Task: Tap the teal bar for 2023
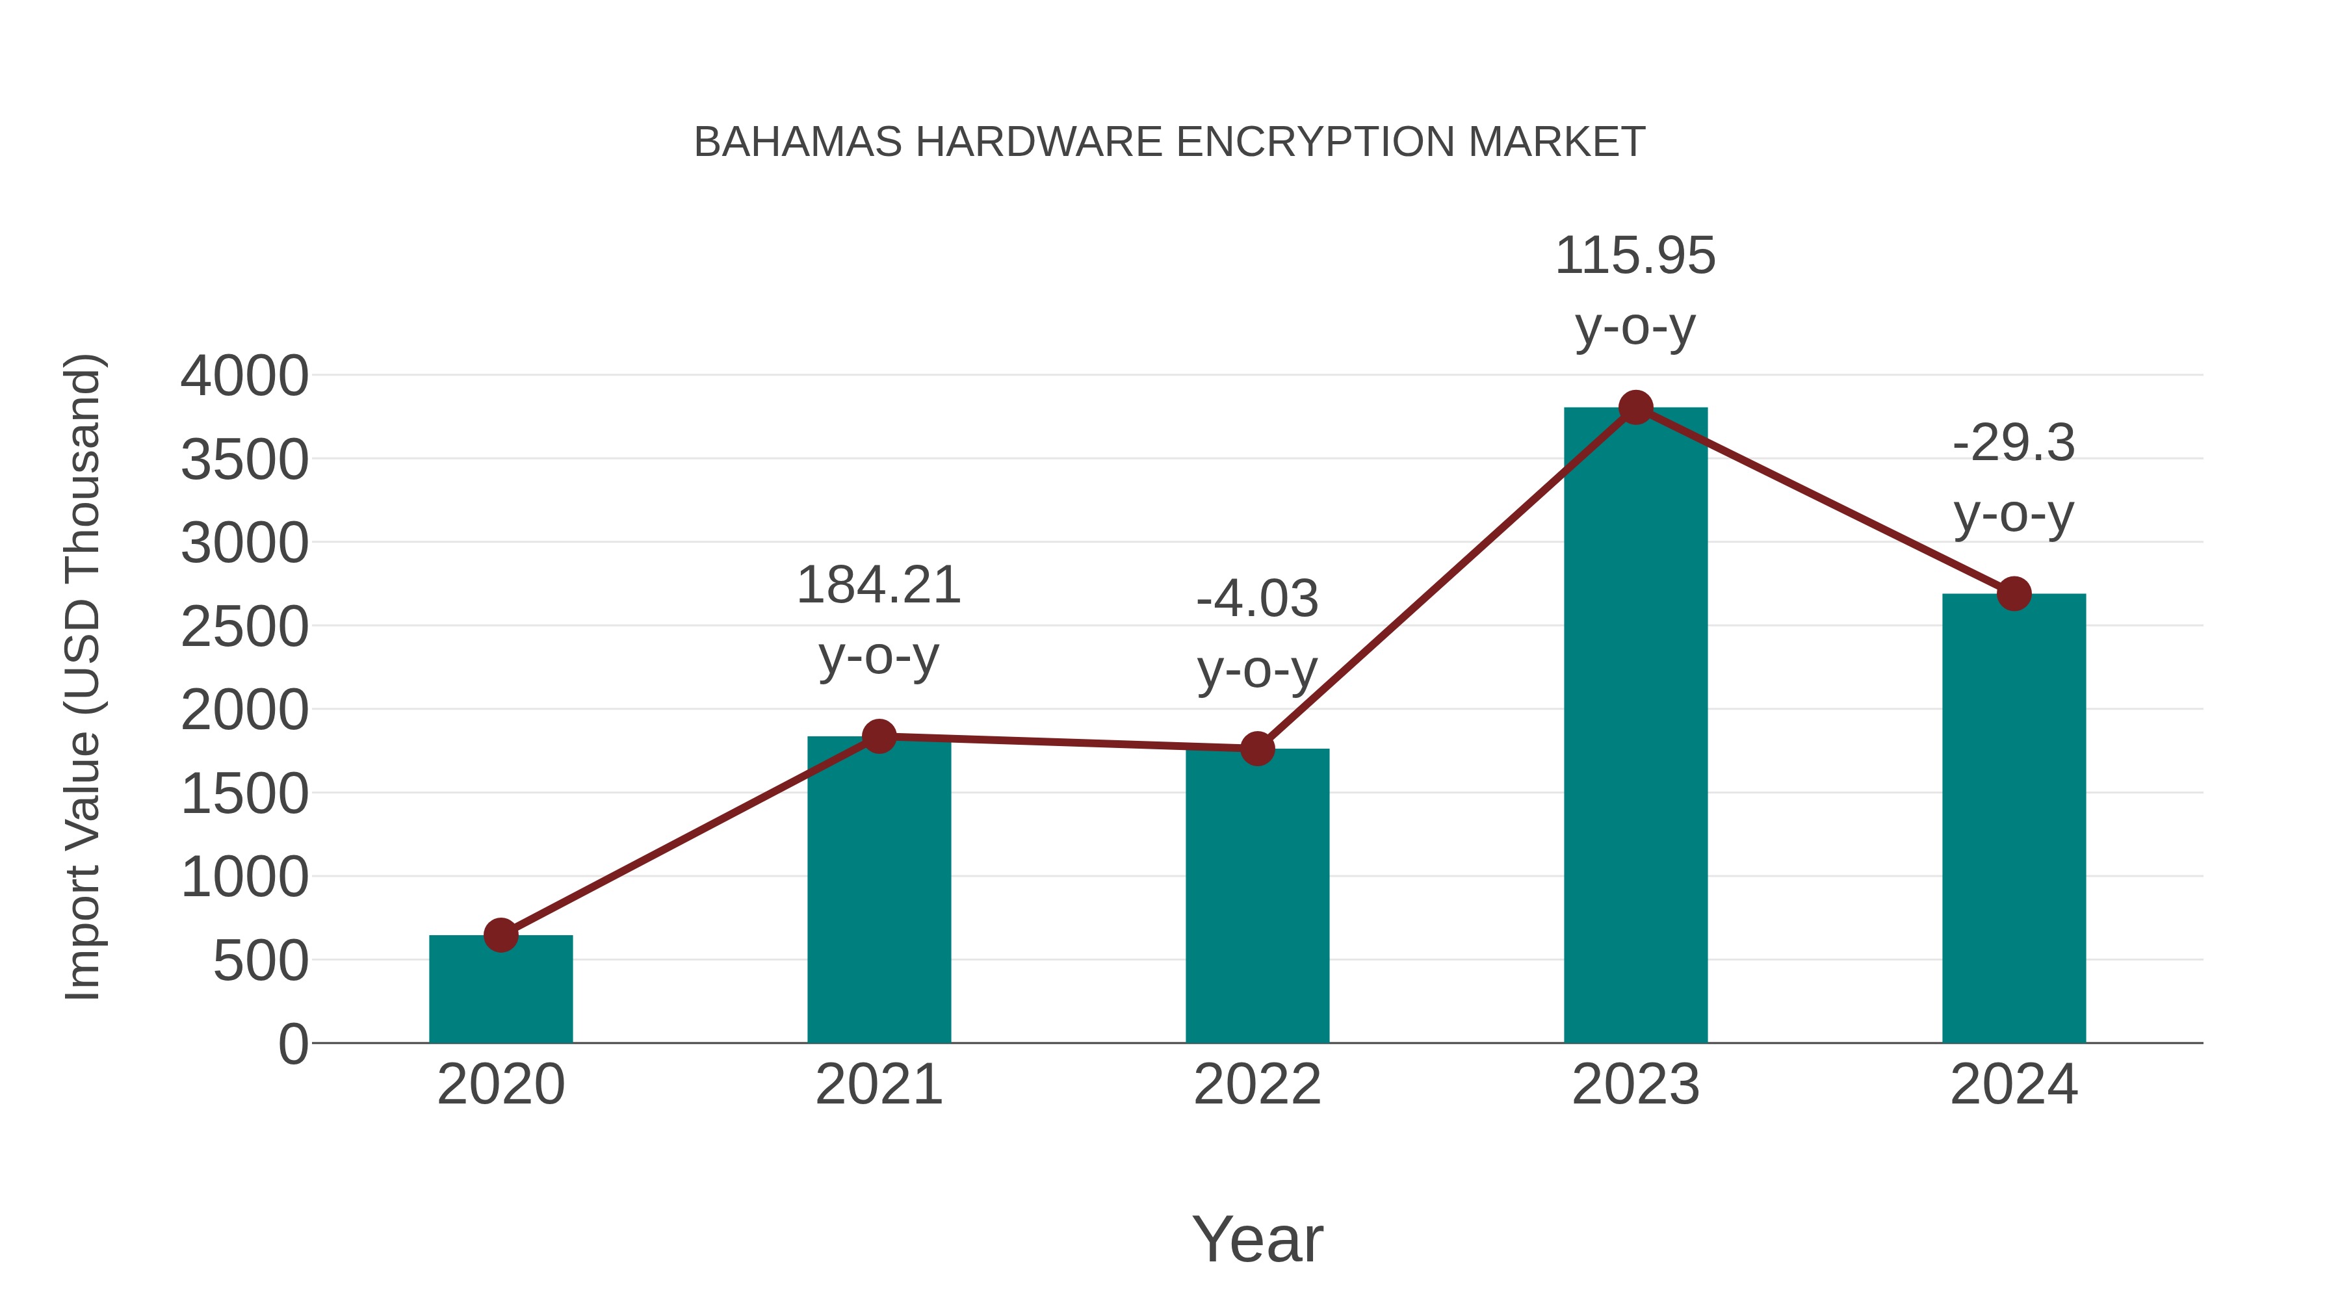[x=1635, y=727]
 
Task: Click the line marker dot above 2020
[x=500, y=935]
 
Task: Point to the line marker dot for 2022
[x=1257, y=749]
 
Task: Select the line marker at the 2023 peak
[x=1635, y=407]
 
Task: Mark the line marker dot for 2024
[x=2014, y=594]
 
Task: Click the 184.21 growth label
[x=878, y=586]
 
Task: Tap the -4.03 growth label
[x=1257, y=599]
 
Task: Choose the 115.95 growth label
[x=1635, y=256]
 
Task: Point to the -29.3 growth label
[x=2014, y=444]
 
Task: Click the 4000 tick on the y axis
[x=244, y=376]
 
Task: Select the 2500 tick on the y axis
[x=244, y=626]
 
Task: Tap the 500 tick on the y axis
[x=260, y=961]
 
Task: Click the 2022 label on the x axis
[x=1257, y=1085]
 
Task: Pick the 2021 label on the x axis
[x=878, y=1085]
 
